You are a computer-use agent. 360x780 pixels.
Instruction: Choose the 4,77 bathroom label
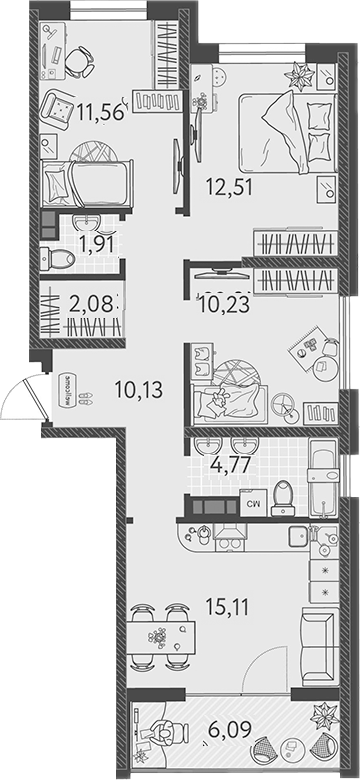(229, 463)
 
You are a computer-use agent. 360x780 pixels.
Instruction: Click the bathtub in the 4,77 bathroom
(324, 478)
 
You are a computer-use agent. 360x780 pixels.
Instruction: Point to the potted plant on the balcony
(323, 717)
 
